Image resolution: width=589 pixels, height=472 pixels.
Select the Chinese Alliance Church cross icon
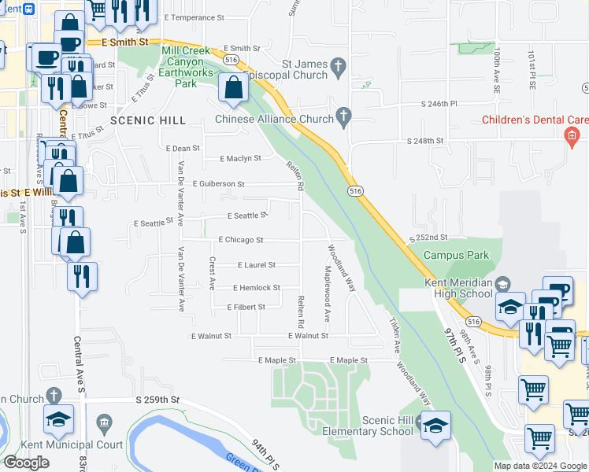[343, 117]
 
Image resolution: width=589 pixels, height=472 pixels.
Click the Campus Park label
[456, 255]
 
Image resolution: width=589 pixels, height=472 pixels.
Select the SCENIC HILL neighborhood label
[148, 120]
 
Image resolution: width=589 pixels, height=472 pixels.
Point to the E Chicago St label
[240, 239]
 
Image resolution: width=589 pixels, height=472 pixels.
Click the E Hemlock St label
[256, 288]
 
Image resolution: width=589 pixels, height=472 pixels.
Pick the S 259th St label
[157, 400]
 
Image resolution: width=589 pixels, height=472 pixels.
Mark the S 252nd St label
[428, 237]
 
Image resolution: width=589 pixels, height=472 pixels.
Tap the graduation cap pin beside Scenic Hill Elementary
[435, 425]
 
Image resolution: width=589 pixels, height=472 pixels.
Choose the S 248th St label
[426, 141]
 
